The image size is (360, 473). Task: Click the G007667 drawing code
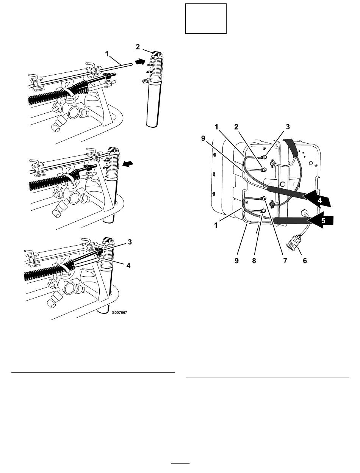point(119,312)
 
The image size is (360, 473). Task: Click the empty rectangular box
point(206,19)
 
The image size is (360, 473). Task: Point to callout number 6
point(305,261)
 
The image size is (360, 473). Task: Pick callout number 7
point(285,261)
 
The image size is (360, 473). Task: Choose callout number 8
point(254,261)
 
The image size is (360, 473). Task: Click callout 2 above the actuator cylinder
point(138,47)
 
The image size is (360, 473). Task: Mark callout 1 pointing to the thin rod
point(107,54)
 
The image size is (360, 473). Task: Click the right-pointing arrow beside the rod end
point(140,61)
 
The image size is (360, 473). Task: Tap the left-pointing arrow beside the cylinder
point(128,164)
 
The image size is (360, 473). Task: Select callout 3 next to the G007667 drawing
point(130,242)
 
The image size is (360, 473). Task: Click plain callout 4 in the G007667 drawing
point(128,265)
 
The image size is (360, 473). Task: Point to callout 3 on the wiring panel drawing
point(288,127)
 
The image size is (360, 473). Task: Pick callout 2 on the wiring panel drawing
point(236,127)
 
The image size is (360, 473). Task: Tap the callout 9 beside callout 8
point(236,261)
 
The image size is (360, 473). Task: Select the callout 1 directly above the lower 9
point(216,226)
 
